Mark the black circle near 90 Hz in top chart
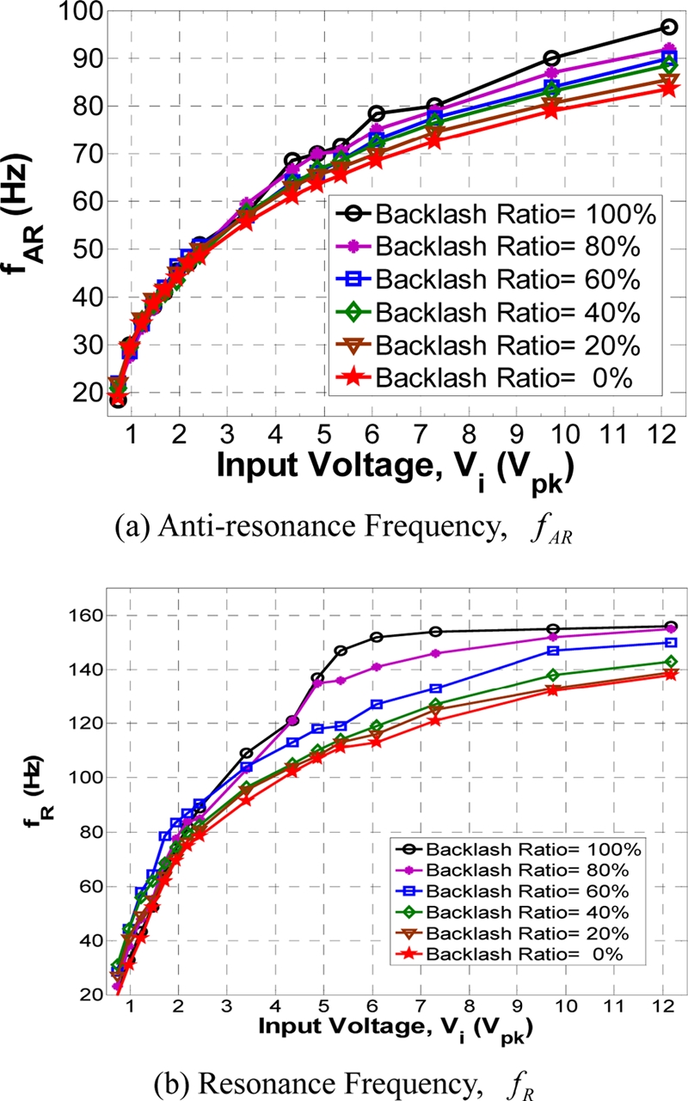coord(552,58)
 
